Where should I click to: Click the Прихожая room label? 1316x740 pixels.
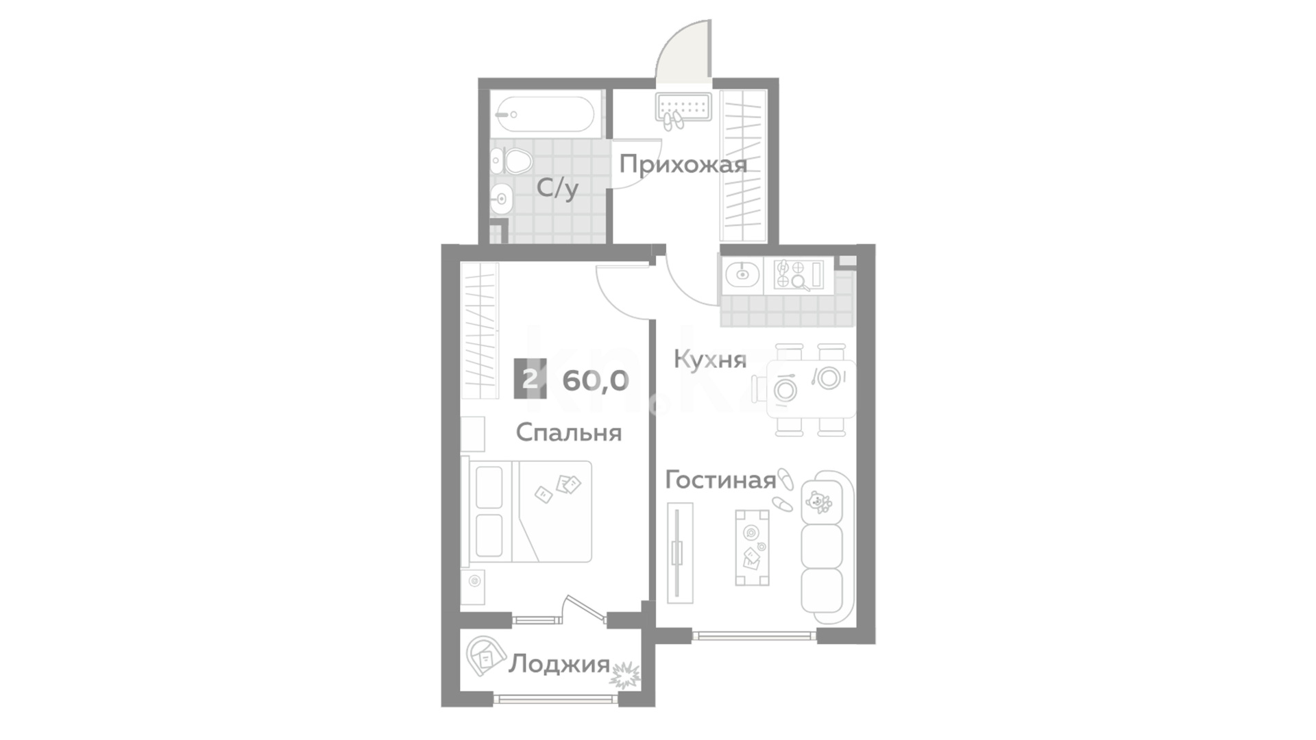click(683, 165)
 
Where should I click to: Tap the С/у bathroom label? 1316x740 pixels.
click(557, 188)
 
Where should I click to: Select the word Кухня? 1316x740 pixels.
click(709, 360)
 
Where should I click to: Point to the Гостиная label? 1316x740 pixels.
click(720, 480)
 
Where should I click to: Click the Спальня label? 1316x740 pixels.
click(568, 433)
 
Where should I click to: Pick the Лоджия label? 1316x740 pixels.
click(559, 664)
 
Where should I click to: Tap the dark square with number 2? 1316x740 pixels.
click(531, 378)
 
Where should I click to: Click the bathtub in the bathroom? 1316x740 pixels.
click(545, 114)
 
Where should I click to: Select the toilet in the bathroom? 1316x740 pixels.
click(513, 162)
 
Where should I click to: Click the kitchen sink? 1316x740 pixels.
click(742, 275)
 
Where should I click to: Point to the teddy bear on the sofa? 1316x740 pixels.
click(818, 502)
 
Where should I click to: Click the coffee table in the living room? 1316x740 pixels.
click(752, 547)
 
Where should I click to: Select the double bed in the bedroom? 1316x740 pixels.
click(530, 511)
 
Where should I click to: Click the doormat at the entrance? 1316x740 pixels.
click(683, 107)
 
